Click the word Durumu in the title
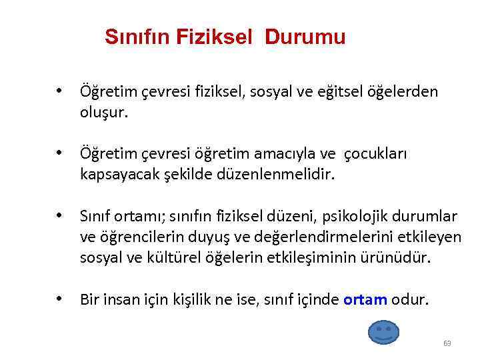tap(305, 37)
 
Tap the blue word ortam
tap(365, 299)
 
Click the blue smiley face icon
tap(383, 331)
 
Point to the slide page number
tap(447, 344)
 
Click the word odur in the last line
tap(410, 299)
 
